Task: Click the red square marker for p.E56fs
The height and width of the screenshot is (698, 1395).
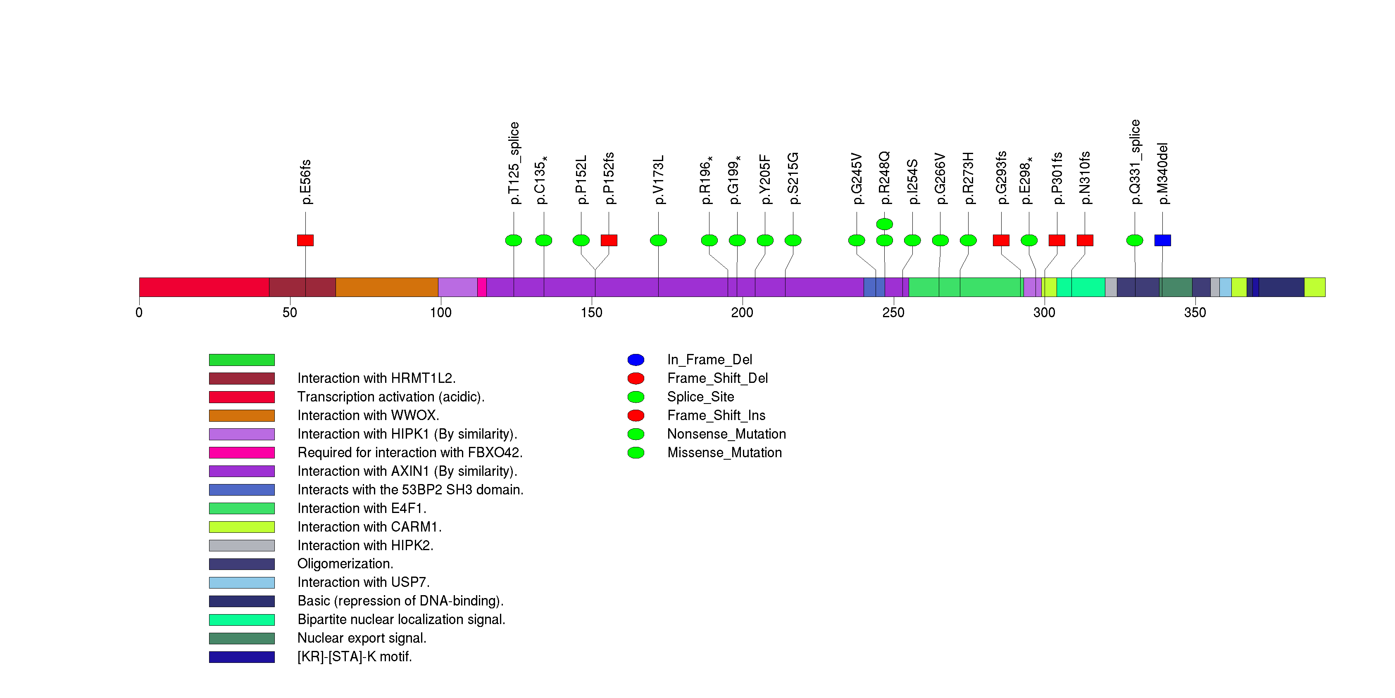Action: click(x=305, y=240)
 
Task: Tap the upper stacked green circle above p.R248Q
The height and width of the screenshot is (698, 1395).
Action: click(x=884, y=224)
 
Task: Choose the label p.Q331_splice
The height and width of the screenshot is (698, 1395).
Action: click(x=1135, y=162)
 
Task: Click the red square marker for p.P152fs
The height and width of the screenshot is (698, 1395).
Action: click(x=609, y=240)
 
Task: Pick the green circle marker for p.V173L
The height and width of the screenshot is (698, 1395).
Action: click(x=659, y=240)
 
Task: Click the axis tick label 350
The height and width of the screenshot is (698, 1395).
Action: click(x=1195, y=313)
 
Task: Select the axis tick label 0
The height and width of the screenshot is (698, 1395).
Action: click(x=139, y=313)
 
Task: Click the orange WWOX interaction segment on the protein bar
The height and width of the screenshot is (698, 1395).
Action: click(x=387, y=287)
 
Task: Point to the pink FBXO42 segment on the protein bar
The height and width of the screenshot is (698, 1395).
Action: click(x=481, y=287)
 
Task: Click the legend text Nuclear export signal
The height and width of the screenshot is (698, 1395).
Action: click(x=362, y=638)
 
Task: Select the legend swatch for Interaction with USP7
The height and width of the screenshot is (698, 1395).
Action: click(x=242, y=583)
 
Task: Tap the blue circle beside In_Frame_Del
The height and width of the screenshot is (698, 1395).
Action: click(x=636, y=360)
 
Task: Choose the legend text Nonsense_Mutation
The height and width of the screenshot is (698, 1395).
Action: click(x=726, y=434)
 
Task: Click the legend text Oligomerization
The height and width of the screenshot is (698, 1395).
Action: click(x=345, y=564)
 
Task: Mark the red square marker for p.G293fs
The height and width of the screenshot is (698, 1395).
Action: click(x=1001, y=240)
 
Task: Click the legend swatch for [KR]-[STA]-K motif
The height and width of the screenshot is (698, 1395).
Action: click(x=242, y=657)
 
